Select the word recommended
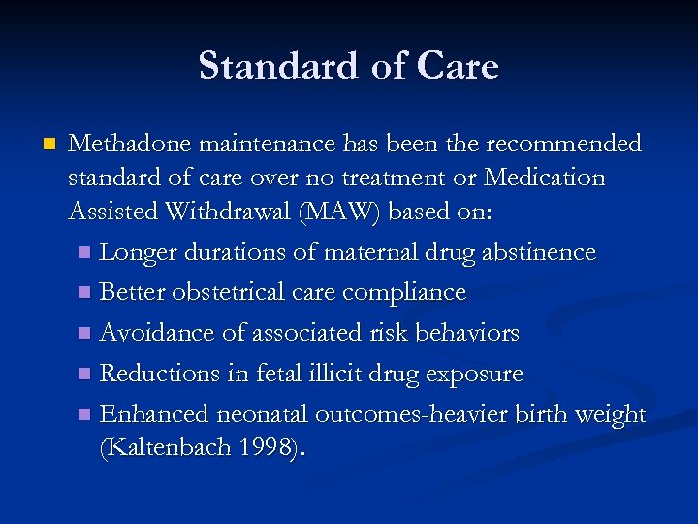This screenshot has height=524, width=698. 563,144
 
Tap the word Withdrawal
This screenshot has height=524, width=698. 230,213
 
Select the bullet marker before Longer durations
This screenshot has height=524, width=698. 85,253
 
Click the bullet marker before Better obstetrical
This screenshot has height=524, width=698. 85,293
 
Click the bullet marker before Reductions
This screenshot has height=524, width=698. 85,375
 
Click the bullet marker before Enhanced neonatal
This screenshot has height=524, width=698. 85,415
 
